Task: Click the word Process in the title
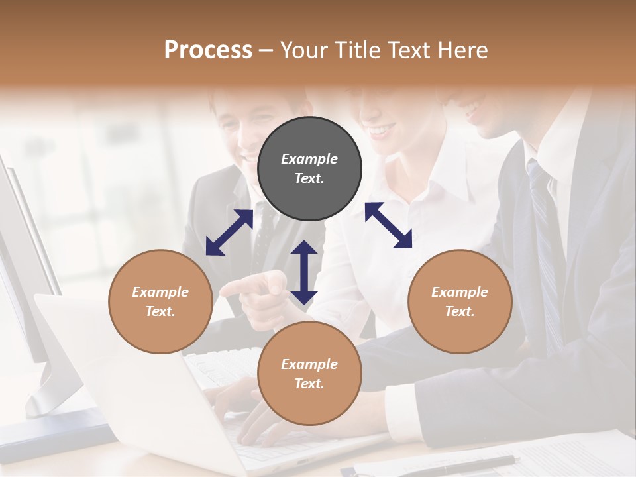(x=208, y=50)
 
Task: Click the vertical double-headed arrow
(x=304, y=272)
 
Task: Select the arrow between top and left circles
(x=229, y=233)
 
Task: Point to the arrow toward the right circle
(x=389, y=225)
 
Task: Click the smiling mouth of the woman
(x=383, y=131)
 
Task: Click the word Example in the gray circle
(x=309, y=159)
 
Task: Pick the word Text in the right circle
(x=459, y=311)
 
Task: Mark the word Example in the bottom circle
(x=309, y=364)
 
